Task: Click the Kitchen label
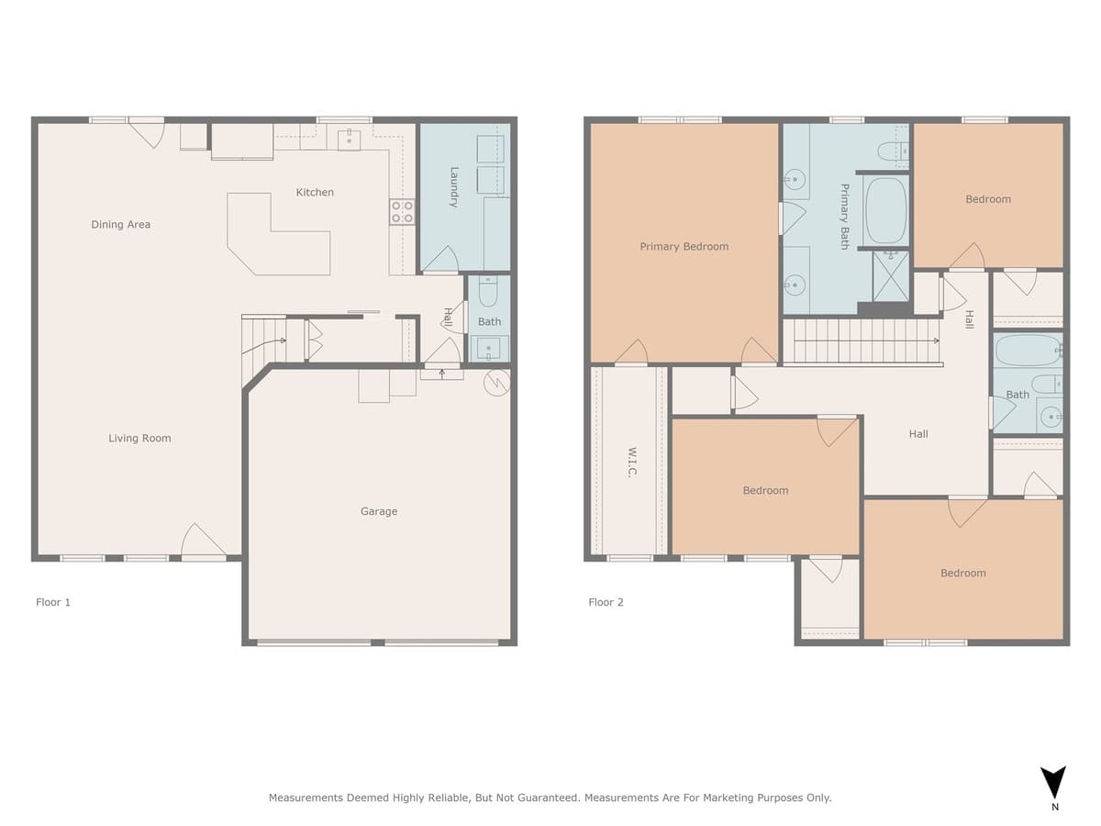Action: click(x=315, y=193)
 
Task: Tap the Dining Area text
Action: click(x=120, y=225)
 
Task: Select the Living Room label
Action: click(x=139, y=439)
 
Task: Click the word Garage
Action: click(x=378, y=512)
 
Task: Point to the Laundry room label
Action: click(x=454, y=186)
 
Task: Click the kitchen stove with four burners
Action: click(x=403, y=212)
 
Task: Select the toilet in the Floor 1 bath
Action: click(x=488, y=293)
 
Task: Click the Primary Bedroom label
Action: click(x=684, y=247)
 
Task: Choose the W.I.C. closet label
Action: click(x=633, y=462)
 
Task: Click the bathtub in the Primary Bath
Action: click(x=886, y=210)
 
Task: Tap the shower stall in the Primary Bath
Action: click(x=890, y=276)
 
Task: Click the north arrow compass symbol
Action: click(x=1054, y=783)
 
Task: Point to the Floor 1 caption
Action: click(x=53, y=603)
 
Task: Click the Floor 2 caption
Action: click(x=606, y=603)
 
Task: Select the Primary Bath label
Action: click(x=845, y=217)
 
